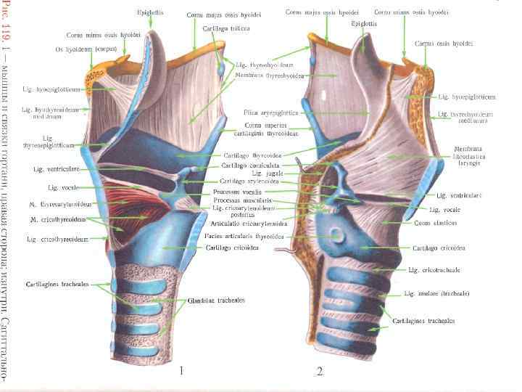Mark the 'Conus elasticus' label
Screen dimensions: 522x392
(x=435, y=223)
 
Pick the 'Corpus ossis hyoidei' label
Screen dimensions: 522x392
(x=444, y=44)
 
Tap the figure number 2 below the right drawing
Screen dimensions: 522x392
(x=319, y=372)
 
